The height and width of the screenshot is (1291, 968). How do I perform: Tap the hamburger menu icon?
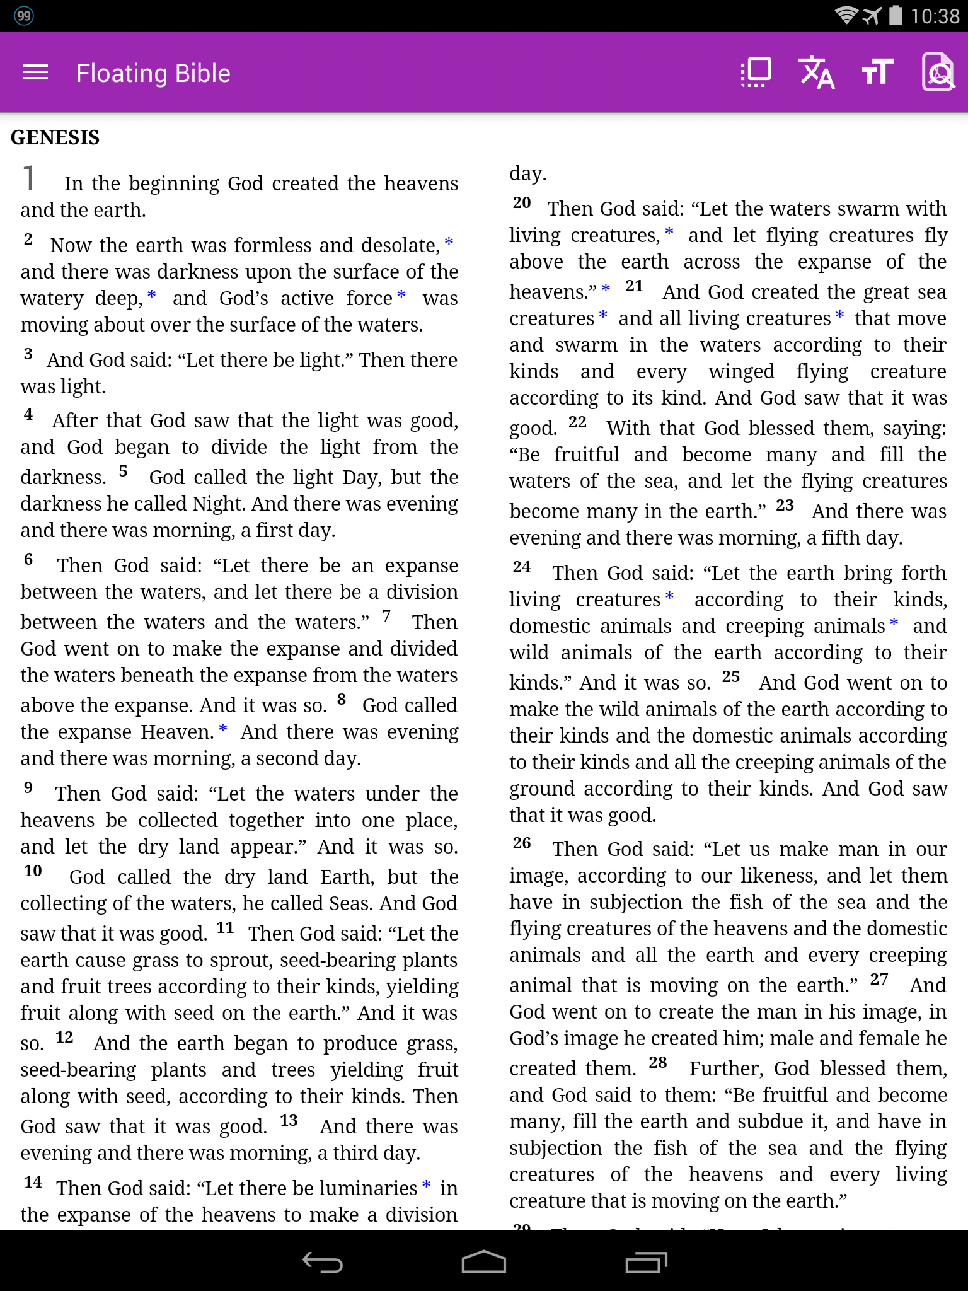(x=35, y=72)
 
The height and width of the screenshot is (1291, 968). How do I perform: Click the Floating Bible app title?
(x=153, y=73)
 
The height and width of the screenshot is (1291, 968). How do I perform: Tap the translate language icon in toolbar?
(x=816, y=72)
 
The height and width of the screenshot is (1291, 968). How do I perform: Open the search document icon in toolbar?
(x=938, y=72)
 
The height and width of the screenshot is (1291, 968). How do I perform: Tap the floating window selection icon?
(x=756, y=72)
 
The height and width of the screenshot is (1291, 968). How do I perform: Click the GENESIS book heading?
(x=55, y=137)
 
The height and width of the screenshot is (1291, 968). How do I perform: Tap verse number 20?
(x=522, y=203)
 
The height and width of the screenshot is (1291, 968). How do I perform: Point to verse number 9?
(x=28, y=788)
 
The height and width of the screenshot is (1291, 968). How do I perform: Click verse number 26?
(x=522, y=843)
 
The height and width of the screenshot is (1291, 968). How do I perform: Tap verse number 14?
(x=33, y=1183)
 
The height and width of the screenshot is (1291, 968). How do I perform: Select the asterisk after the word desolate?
(x=449, y=242)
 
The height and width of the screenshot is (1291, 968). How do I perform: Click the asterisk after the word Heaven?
(x=222, y=729)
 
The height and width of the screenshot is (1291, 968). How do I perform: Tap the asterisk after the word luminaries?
(x=427, y=1185)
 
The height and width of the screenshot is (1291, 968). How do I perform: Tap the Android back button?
(x=322, y=1262)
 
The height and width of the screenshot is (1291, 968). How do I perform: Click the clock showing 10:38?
(x=935, y=16)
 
